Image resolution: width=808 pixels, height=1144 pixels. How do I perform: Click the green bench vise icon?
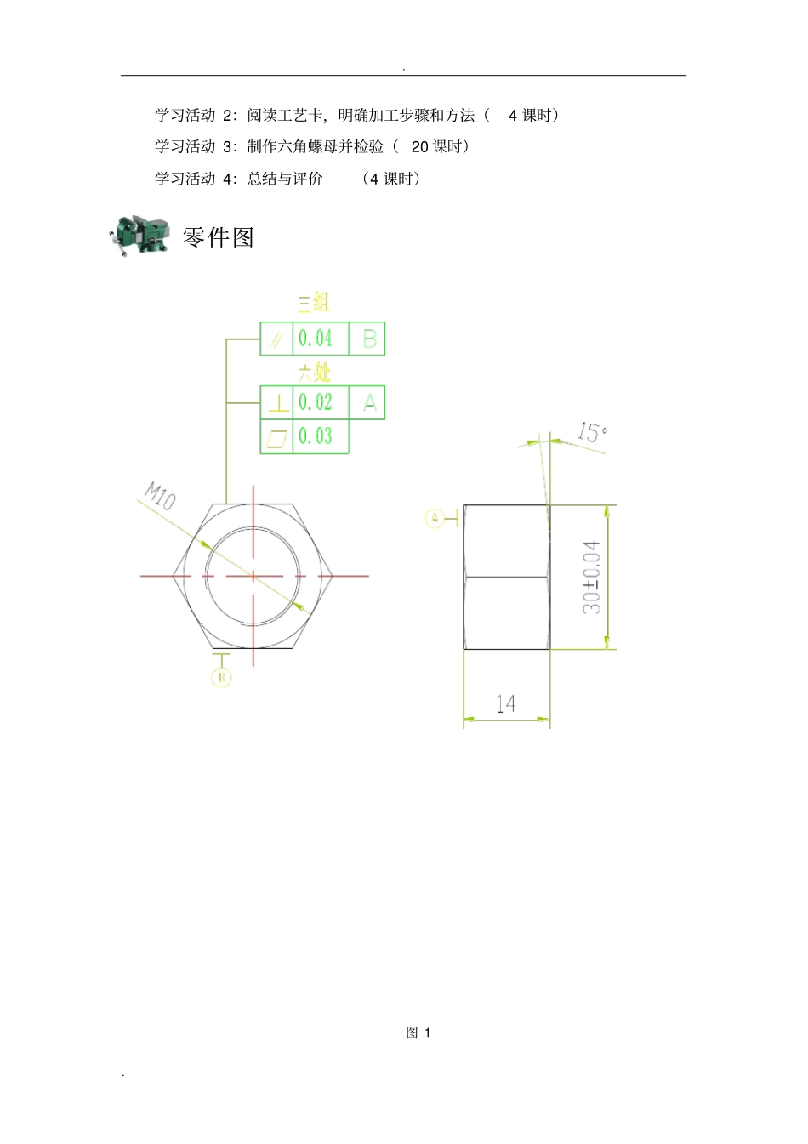[x=138, y=235]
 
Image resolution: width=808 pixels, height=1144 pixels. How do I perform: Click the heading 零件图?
[x=219, y=237]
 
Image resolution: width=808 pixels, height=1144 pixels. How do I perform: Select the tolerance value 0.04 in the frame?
[x=316, y=339]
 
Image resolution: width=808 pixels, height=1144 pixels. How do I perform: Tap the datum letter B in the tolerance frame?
[x=369, y=339]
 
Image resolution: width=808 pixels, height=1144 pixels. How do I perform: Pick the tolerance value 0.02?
[x=316, y=402]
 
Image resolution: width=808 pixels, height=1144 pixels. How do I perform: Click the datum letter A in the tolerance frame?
[x=369, y=402]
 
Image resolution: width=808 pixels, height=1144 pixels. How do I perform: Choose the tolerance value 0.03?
[x=316, y=436]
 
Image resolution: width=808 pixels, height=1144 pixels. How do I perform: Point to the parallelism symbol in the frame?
[x=276, y=339]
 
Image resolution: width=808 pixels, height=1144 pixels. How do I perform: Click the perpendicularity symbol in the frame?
[x=277, y=403]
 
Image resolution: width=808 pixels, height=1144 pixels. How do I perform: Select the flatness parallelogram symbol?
[x=276, y=437]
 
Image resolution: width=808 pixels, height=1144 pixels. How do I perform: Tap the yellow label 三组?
[x=314, y=303]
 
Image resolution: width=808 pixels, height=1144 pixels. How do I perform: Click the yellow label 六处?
[x=314, y=372]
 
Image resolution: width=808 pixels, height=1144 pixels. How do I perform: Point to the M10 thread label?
[x=160, y=495]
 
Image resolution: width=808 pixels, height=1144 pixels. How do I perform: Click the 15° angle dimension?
[x=592, y=432]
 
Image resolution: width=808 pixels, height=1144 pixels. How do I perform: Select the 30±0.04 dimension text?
[x=591, y=577]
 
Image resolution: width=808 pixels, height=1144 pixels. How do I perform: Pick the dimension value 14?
[x=506, y=703]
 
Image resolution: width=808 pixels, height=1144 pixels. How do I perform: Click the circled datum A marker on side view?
[x=435, y=517]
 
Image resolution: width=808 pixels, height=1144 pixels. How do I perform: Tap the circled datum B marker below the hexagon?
[x=221, y=677]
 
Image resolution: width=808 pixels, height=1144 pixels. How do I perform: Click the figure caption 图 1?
[x=418, y=1033]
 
